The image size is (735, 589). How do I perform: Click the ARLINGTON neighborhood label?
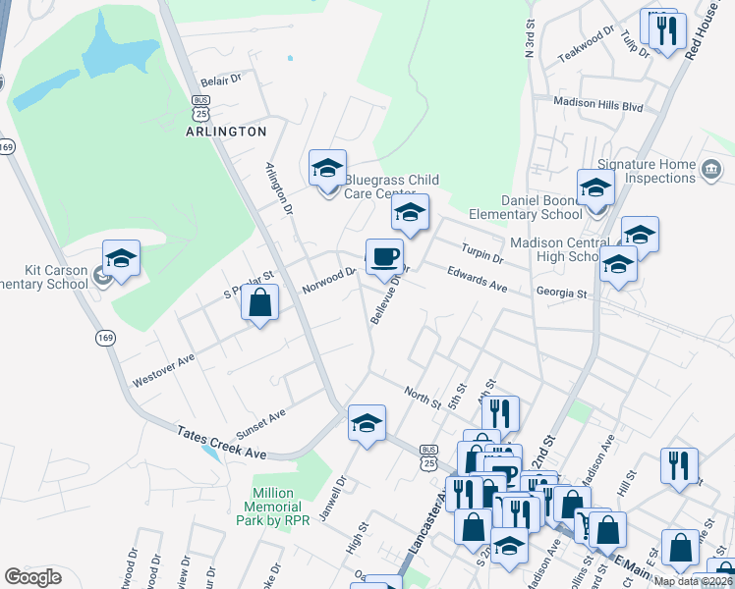pos(225,131)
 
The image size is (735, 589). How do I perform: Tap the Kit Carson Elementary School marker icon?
pos(122,258)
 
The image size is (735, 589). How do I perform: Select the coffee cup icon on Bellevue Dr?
pos(384,257)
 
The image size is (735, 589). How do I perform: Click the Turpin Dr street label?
pos(482,254)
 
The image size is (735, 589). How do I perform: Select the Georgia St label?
pos(561,292)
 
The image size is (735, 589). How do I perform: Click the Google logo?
pos(33,577)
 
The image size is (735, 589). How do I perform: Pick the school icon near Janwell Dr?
pos(367,423)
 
